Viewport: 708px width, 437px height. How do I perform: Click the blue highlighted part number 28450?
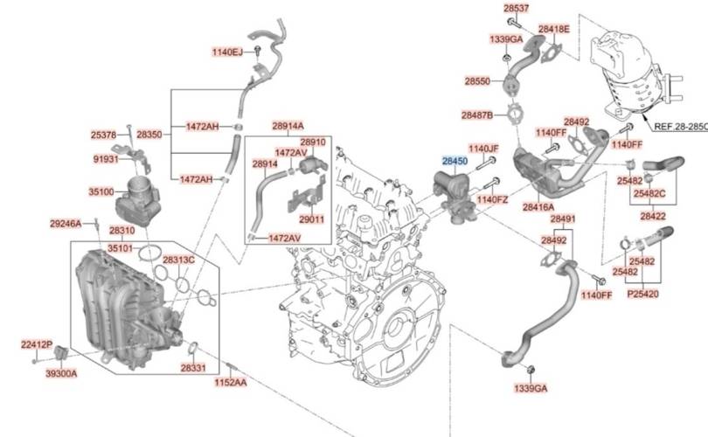[x=455, y=161]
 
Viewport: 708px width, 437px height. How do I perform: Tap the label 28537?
[x=516, y=8]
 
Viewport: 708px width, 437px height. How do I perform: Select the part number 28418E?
[x=554, y=30]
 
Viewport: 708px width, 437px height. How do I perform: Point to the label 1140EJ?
[x=227, y=52]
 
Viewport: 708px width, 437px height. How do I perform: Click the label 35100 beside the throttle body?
[x=101, y=192]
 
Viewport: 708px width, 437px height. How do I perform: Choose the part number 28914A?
[x=288, y=126]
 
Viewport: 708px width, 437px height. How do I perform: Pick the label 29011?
[x=311, y=220]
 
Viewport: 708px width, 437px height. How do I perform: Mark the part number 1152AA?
[x=230, y=383]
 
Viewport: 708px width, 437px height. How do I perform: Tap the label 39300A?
[x=61, y=373]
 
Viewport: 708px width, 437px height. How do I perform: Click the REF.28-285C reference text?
[x=681, y=127]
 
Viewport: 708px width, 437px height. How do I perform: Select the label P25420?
[x=643, y=295]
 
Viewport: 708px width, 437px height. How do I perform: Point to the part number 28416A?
[x=538, y=207]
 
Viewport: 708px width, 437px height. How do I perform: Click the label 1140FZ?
[x=492, y=199]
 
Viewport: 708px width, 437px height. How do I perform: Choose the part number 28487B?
[x=477, y=115]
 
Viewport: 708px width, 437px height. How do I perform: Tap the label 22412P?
[x=37, y=345]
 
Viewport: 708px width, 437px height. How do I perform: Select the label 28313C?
[x=178, y=260]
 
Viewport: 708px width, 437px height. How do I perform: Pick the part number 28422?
[x=653, y=216]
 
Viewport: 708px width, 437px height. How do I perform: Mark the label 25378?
[x=103, y=135]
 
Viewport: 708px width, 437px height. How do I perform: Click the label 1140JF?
[x=483, y=149]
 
